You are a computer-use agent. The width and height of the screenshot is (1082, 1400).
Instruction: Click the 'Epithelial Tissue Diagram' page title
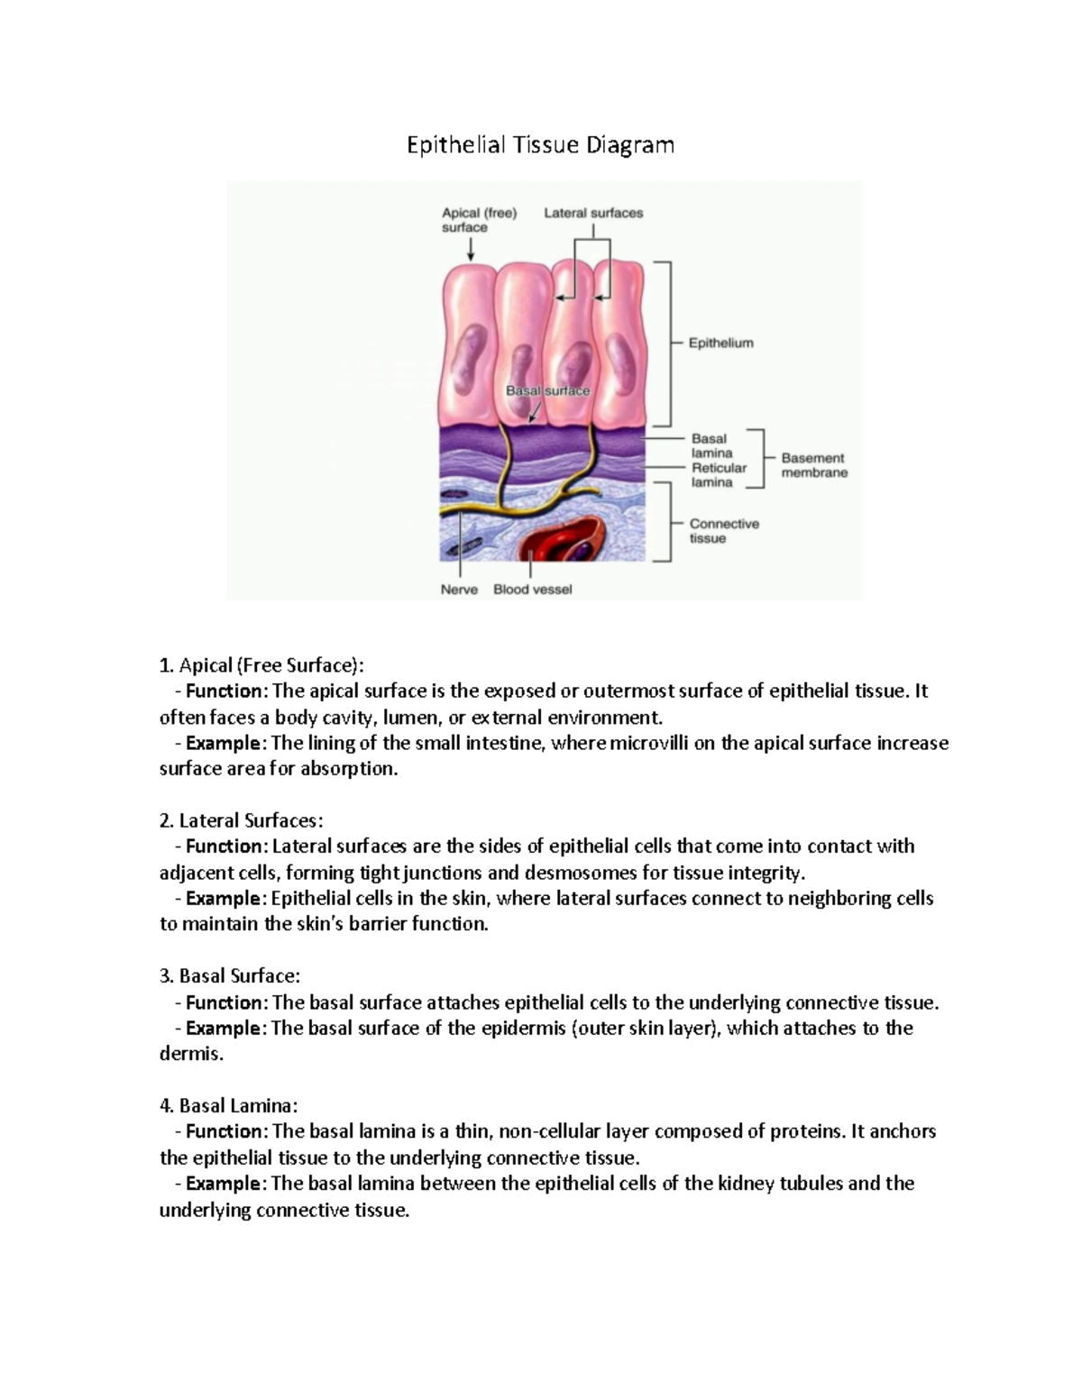pyautogui.click(x=540, y=144)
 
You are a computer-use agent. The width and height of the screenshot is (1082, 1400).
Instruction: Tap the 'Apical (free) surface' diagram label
pyautogui.click(x=479, y=220)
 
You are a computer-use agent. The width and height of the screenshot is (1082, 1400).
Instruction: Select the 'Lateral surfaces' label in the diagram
pyautogui.click(x=593, y=214)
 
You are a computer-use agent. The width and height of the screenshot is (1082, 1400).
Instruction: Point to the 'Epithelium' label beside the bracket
pyautogui.click(x=720, y=343)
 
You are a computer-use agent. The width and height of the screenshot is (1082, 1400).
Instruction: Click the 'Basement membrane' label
pyautogui.click(x=814, y=465)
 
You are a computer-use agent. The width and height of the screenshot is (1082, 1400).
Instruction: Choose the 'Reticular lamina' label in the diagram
pyautogui.click(x=719, y=475)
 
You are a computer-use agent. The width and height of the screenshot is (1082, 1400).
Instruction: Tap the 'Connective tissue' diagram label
pyautogui.click(x=724, y=531)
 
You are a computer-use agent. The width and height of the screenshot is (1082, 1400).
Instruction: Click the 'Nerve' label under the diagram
pyautogui.click(x=459, y=590)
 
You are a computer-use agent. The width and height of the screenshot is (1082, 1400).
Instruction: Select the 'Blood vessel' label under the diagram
pyautogui.click(x=532, y=590)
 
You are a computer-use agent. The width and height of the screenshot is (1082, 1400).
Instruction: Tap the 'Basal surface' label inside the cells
pyautogui.click(x=547, y=391)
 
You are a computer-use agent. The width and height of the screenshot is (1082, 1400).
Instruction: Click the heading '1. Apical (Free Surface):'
pyautogui.click(x=261, y=666)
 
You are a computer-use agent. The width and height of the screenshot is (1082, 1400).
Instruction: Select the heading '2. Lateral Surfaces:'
pyautogui.click(x=241, y=820)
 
